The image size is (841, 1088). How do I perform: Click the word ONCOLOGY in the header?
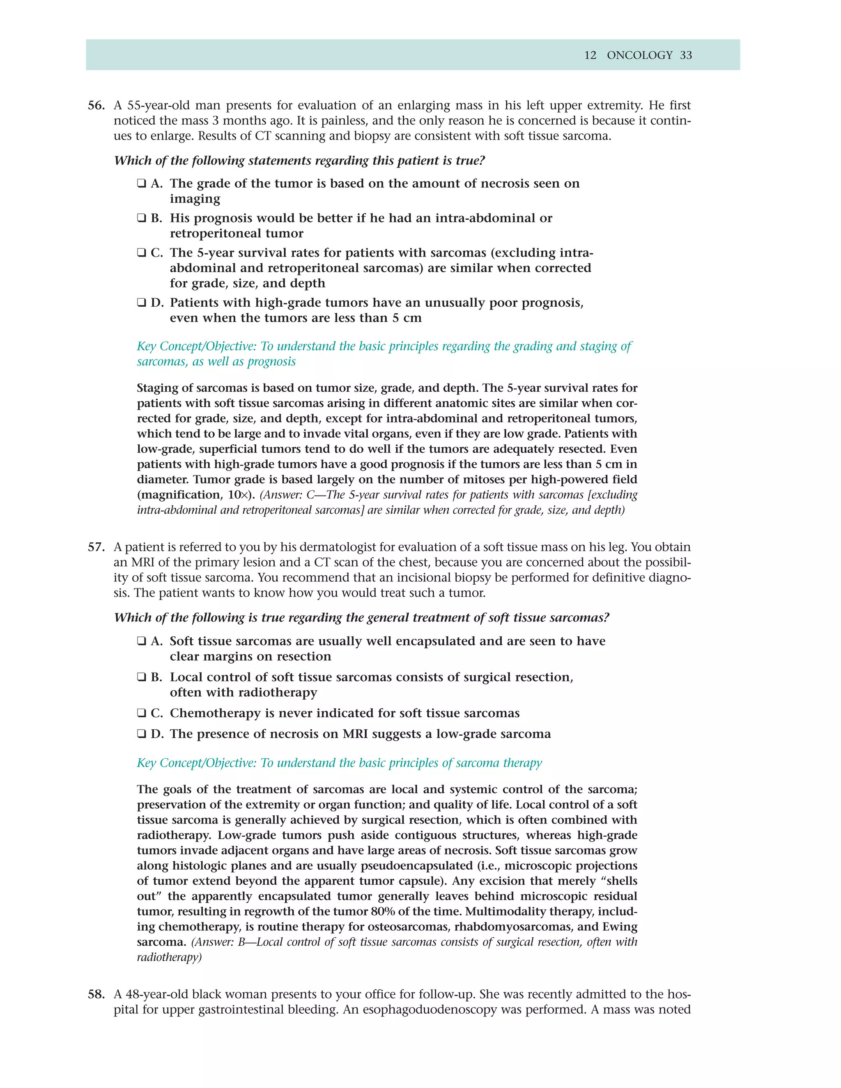point(639,55)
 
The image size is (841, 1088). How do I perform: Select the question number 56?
point(96,106)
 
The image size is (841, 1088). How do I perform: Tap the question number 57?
point(96,547)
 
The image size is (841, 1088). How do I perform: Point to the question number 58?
point(96,994)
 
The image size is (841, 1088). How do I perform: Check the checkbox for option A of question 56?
point(142,184)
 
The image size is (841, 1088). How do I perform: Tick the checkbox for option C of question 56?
point(142,253)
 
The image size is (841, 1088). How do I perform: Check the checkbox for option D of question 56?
point(142,303)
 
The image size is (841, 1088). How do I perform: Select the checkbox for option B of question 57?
point(142,677)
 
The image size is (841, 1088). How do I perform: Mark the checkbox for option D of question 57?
point(142,735)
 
